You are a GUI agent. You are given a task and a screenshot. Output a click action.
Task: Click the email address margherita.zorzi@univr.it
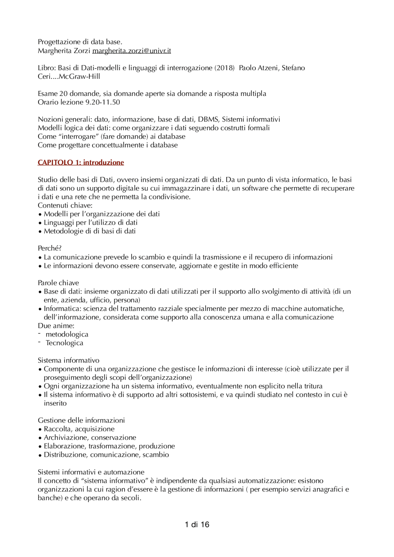click(x=131, y=51)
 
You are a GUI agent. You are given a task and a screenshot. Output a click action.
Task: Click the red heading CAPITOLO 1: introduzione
click(x=81, y=162)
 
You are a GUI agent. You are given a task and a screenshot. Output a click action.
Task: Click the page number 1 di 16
click(x=197, y=525)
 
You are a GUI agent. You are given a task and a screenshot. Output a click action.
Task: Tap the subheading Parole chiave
click(x=58, y=283)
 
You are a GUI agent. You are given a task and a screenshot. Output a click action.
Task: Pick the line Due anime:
click(x=56, y=326)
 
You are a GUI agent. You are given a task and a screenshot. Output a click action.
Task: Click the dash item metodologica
click(x=67, y=334)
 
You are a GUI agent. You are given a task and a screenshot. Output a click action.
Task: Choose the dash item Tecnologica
click(x=64, y=343)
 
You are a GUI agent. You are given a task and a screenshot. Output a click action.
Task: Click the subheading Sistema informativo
click(x=69, y=360)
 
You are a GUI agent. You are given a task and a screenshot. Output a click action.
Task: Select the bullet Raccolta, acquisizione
click(x=79, y=429)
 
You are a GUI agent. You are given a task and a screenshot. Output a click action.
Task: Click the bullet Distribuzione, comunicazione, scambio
click(x=106, y=455)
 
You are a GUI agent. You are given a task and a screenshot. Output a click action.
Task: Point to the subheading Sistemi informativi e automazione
click(x=91, y=472)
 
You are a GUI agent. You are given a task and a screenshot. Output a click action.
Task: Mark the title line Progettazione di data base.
click(x=80, y=42)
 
